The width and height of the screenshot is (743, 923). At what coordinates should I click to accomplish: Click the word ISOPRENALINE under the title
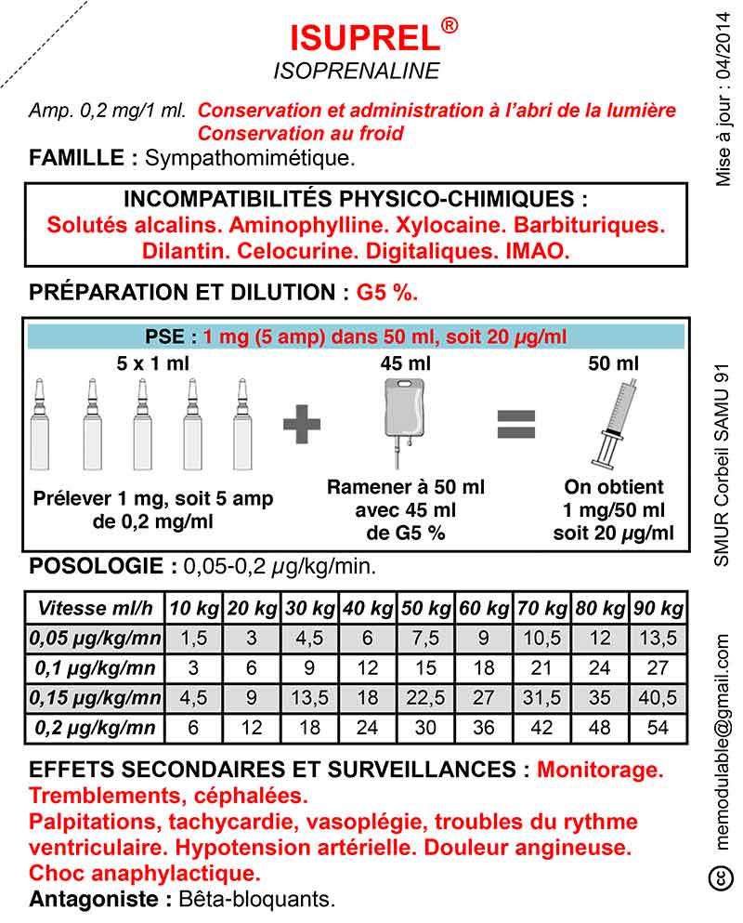(357, 72)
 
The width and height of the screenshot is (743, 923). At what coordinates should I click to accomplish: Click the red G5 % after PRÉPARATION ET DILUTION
(386, 293)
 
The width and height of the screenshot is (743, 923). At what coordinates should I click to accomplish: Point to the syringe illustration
(614, 423)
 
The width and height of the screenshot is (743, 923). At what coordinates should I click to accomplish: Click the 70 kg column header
(541, 610)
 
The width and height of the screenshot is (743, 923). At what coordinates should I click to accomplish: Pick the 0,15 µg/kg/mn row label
(97, 697)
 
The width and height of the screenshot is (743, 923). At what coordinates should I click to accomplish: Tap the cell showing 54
(658, 727)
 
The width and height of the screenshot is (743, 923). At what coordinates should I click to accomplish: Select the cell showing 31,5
(541, 697)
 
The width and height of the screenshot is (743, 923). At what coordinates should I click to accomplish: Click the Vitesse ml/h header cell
(97, 610)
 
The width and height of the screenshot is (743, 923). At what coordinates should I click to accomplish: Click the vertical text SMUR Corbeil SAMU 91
(722, 461)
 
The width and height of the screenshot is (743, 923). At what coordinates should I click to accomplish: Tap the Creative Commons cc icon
(719, 877)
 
